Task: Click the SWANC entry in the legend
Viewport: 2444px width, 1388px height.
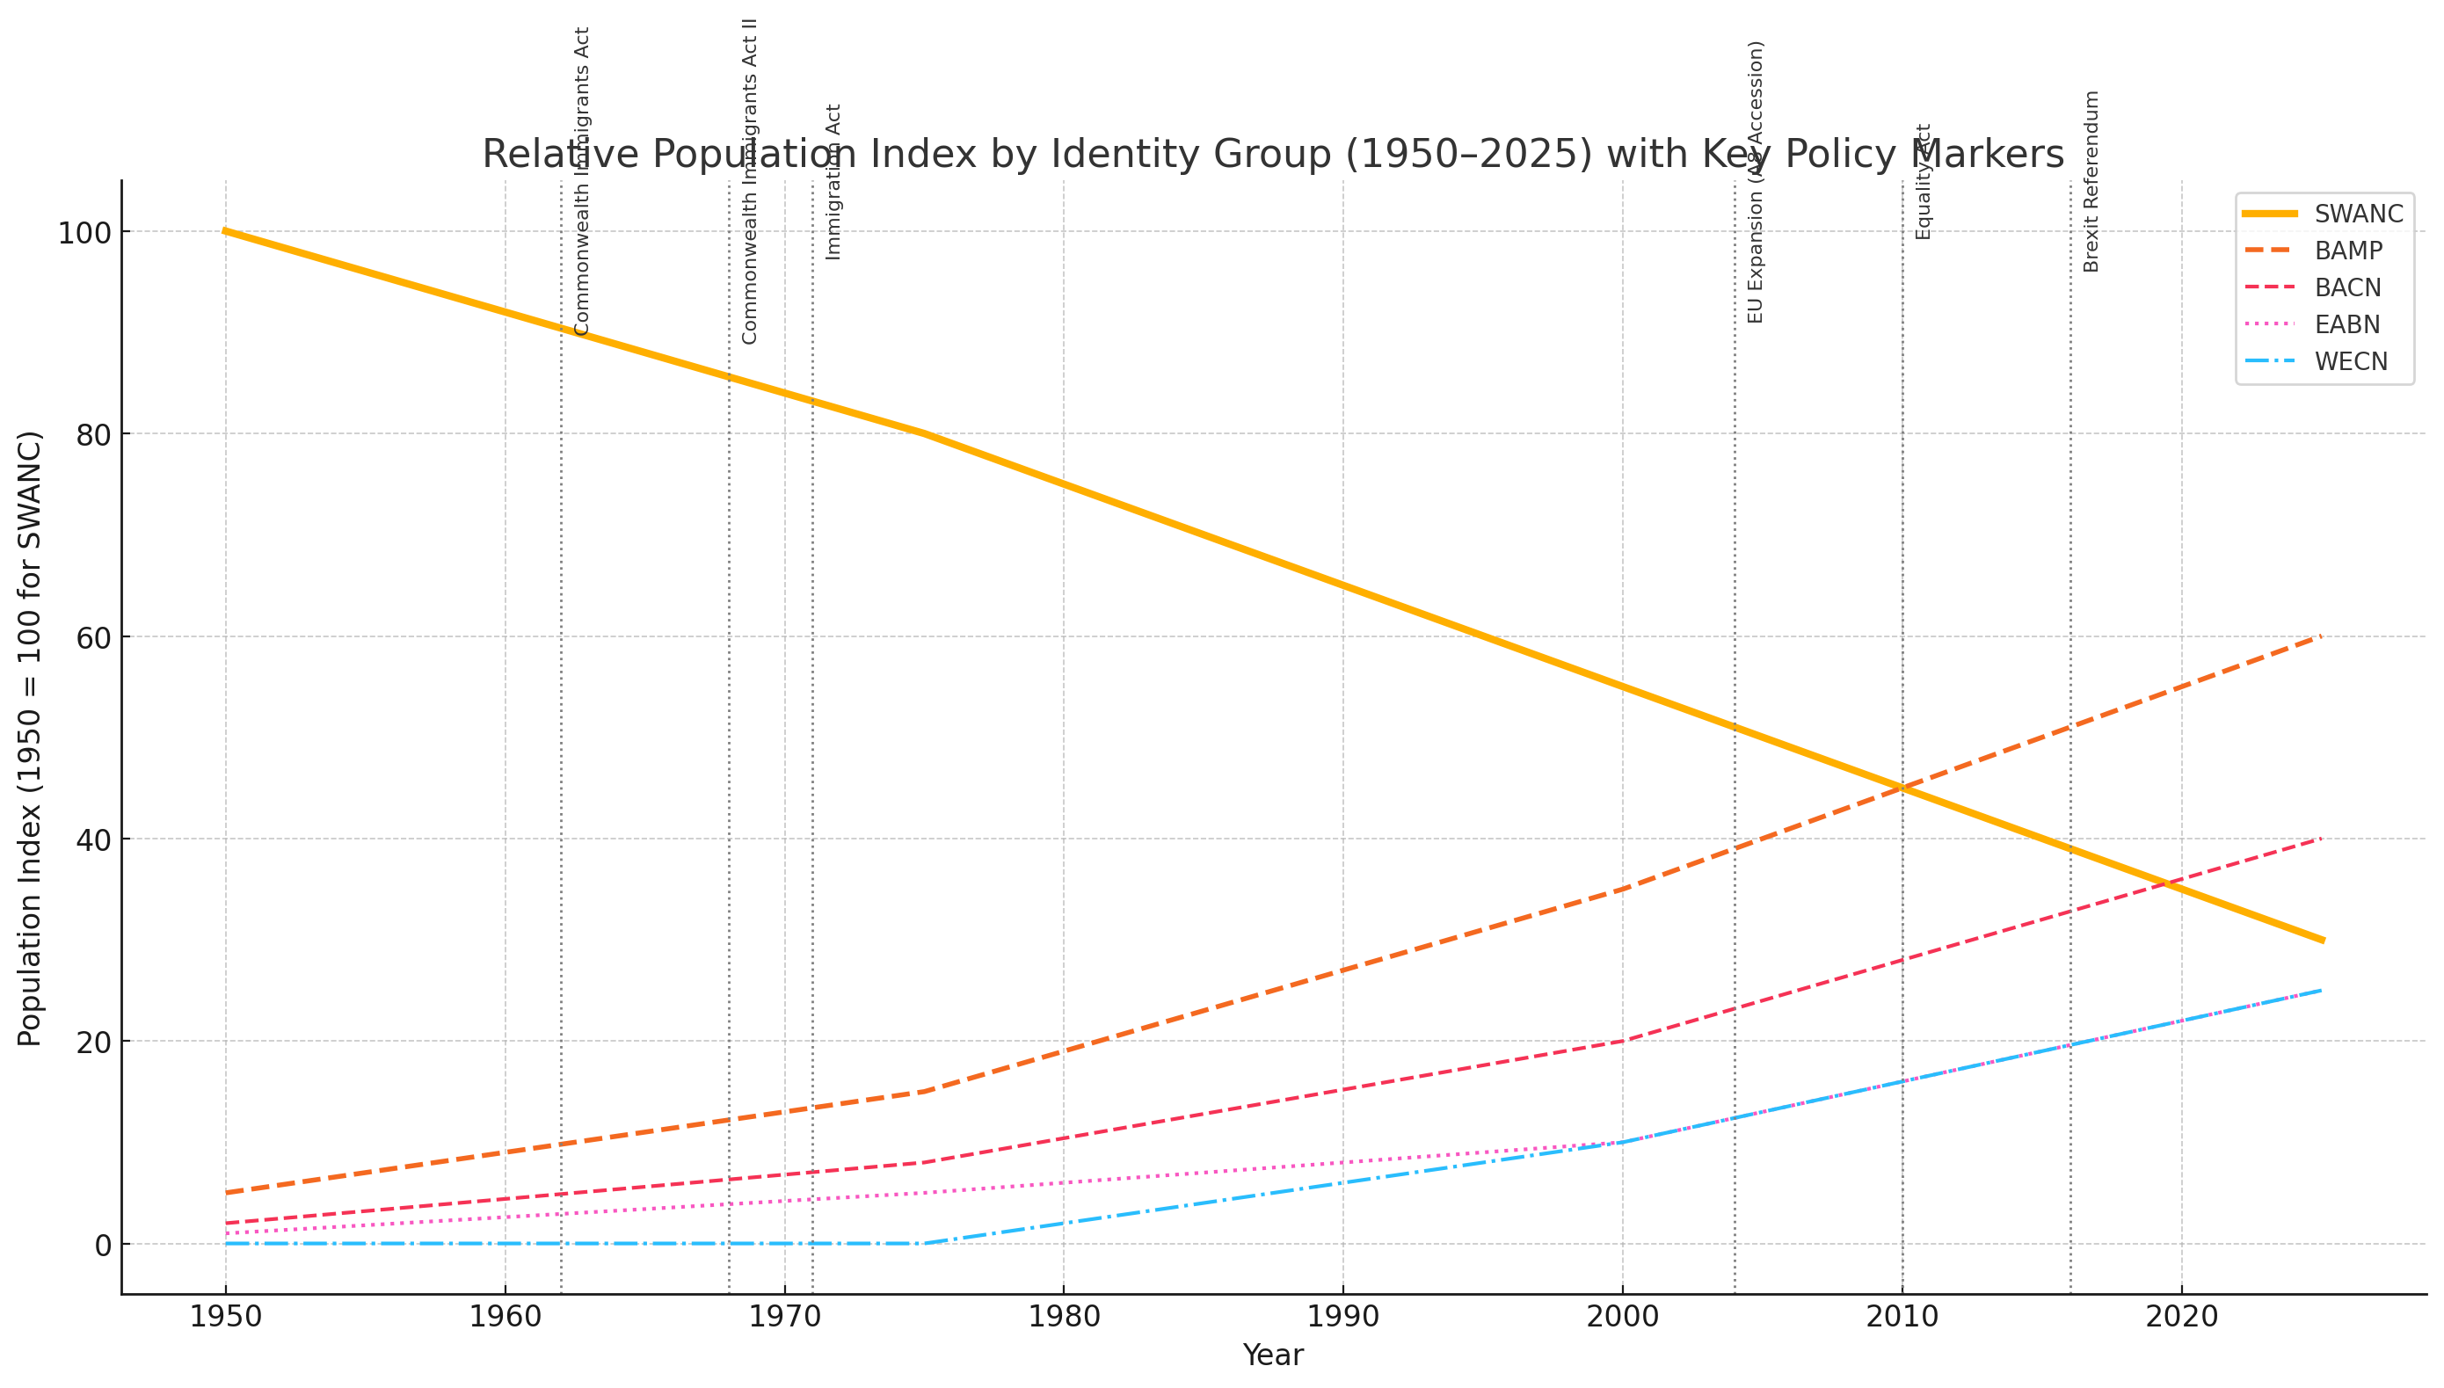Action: pyautogui.click(x=2358, y=214)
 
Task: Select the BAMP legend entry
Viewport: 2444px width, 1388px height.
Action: pyautogui.click(x=2347, y=251)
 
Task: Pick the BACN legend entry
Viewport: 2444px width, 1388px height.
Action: pyautogui.click(x=2346, y=288)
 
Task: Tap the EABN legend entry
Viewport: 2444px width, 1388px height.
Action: pyautogui.click(x=2346, y=325)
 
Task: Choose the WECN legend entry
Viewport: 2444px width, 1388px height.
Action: pyautogui.click(x=2351, y=362)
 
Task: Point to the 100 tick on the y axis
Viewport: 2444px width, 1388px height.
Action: pyautogui.click(x=84, y=233)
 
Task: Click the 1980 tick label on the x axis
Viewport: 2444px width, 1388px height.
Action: pyautogui.click(x=1064, y=1318)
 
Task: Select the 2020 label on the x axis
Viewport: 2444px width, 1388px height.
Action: pyautogui.click(x=2181, y=1318)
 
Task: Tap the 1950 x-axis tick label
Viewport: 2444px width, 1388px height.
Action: pyautogui.click(x=225, y=1318)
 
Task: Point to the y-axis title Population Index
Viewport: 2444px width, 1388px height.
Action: pyautogui.click(x=31, y=738)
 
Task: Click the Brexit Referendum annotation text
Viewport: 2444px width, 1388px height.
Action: pyautogui.click(x=2091, y=181)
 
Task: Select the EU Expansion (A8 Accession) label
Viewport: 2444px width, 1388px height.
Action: pyautogui.click(x=1756, y=181)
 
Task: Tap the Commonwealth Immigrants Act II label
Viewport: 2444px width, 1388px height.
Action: pyautogui.click(x=749, y=181)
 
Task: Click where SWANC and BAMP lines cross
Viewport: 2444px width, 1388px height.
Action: pyautogui.click(x=1902, y=788)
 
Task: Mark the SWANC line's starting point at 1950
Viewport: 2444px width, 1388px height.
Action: pyautogui.click(x=225, y=230)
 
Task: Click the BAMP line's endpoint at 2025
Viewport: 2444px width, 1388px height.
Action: pyautogui.click(x=2321, y=636)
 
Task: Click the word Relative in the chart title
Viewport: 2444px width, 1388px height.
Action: pyautogui.click(x=545, y=155)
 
